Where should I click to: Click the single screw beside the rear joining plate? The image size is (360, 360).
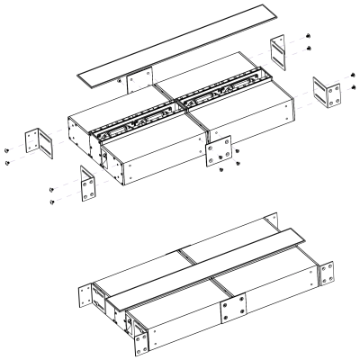tap(121, 79)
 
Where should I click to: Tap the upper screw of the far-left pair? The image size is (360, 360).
tap(8, 150)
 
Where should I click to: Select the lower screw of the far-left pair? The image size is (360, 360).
tap(8, 163)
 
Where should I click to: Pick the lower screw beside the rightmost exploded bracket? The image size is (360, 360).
tap(354, 87)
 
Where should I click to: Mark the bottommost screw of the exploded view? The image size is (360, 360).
tap(52, 202)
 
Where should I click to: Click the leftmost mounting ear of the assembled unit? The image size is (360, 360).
tap(89, 294)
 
